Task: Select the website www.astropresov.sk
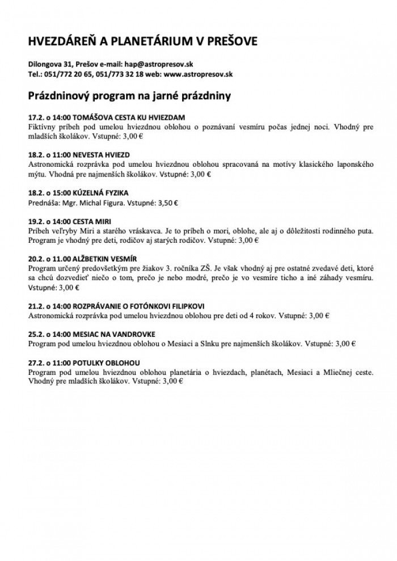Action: coord(198,74)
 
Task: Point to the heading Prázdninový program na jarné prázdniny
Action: coord(129,96)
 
